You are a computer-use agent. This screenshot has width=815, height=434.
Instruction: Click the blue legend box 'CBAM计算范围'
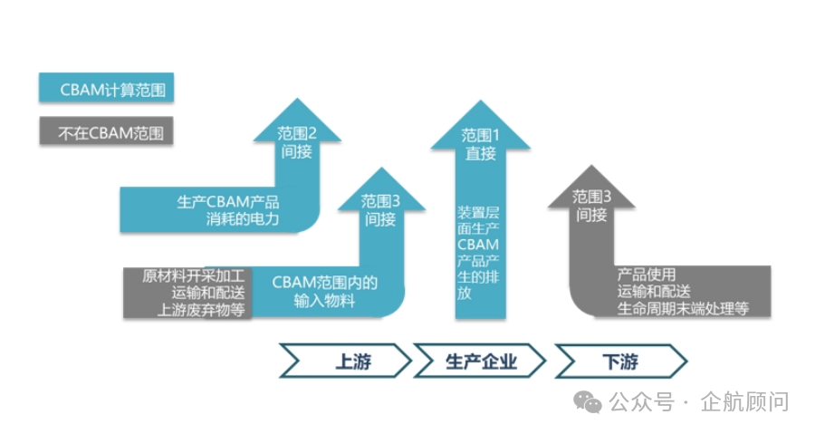(x=105, y=89)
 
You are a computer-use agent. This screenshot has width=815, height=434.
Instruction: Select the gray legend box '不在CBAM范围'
(x=105, y=133)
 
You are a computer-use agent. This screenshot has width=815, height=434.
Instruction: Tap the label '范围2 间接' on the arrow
(x=297, y=142)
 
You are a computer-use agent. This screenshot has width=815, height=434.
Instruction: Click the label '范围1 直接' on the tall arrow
(x=481, y=144)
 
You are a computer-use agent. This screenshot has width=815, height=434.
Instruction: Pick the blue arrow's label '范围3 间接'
(x=380, y=209)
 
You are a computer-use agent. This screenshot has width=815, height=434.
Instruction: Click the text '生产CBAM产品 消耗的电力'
(x=228, y=210)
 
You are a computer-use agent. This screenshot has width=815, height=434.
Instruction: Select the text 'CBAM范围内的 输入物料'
(x=324, y=292)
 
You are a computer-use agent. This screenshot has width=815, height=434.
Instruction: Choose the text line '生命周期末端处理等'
(x=683, y=308)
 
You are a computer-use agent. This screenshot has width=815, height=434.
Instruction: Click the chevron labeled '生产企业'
(x=480, y=362)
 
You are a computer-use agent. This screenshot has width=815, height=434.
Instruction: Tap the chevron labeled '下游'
(x=620, y=362)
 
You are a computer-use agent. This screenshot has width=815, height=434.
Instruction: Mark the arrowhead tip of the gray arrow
(x=591, y=168)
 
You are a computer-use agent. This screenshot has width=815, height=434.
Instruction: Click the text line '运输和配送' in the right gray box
(x=654, y=291)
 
